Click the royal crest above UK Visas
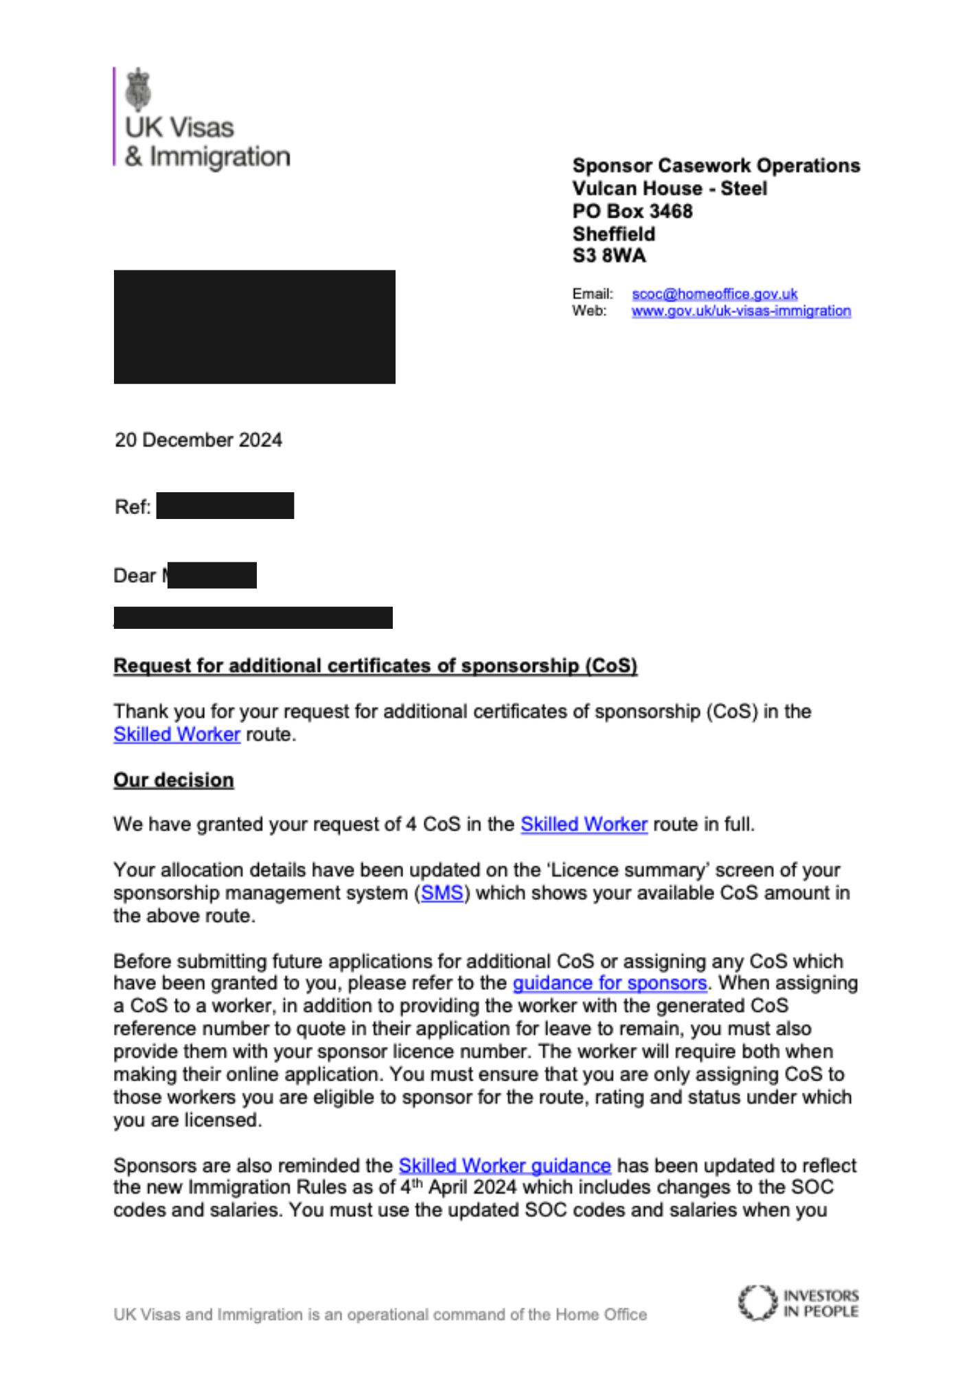[x=139, y=89]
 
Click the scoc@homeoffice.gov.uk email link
[x=714, y=294]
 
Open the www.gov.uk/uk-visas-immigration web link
[x=741, y=311]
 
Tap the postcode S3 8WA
[x=609, y=256]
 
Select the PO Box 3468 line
[x=632, y=211]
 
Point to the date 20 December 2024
[x=198, y=440]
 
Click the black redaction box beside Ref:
[x=225, y=506]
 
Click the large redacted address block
[x=254, y=327]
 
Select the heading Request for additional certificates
[x=375, y=666]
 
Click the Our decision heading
[x=174, y=781]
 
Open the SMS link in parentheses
[x=442, y=893]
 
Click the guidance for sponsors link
[x=610, y=983]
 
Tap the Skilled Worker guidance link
[x=505, y=1166]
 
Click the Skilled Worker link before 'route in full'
[x=584, y=824]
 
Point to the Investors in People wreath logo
[x=757, y=1303]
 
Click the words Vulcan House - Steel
[x=670, y=189]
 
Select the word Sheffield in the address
[x=614, y=234]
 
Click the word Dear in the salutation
[x=135, y=575]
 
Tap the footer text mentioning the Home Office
[x=380, y=1315]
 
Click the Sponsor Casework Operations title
[x=716, y=166]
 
